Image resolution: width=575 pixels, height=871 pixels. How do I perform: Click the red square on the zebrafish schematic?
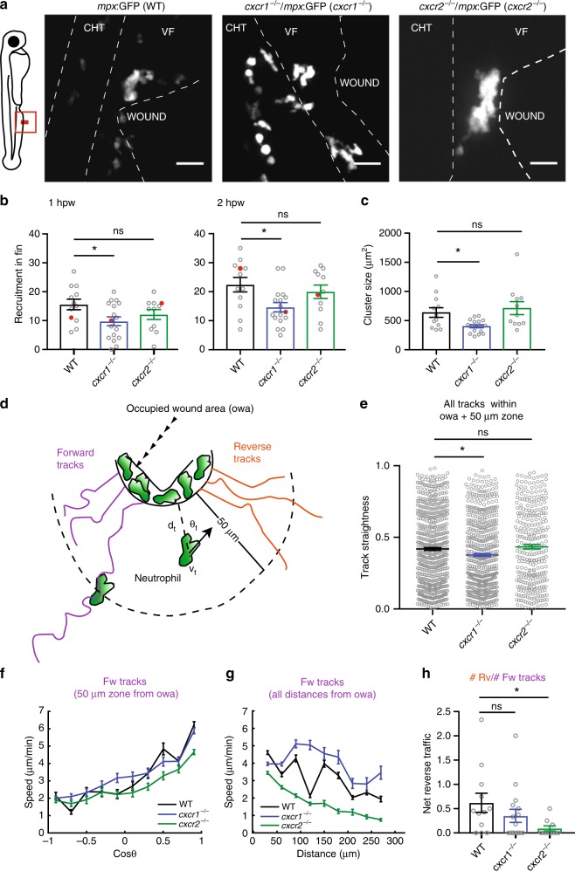click(24, 121)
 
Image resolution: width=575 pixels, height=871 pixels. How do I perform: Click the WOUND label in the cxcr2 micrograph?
click(524, 115)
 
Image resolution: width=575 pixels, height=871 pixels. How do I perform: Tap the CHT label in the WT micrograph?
click(94, 27)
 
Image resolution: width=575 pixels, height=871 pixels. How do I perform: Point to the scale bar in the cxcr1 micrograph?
click(367, 164)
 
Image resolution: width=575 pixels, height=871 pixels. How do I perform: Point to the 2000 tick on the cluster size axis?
click(389, 233)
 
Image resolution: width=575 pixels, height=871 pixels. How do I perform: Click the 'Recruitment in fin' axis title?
click(18, 291)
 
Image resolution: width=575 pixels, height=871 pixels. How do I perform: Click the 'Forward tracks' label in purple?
click(75, 458)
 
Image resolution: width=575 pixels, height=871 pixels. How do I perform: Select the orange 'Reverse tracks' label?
click(252, 452)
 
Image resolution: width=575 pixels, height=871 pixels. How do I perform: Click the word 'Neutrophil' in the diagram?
click(157, 579)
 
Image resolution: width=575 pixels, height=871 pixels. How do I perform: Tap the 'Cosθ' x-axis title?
click(125, 854)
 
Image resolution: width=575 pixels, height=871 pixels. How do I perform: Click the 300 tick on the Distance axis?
click(394, 841)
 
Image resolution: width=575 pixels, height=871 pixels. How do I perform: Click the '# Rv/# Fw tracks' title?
click(507, 677)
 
